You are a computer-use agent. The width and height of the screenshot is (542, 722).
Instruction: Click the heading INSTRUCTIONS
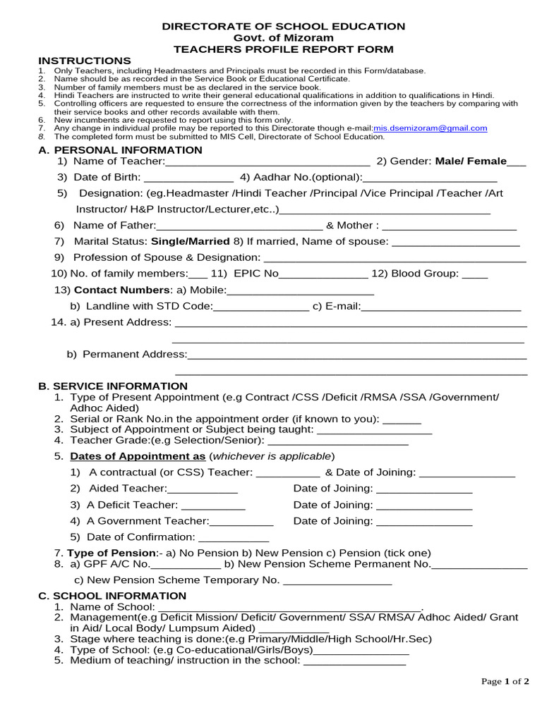(84, 61)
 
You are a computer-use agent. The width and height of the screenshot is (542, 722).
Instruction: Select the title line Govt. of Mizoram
(284, 37)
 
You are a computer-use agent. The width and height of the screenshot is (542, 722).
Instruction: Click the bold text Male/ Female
(471, 161)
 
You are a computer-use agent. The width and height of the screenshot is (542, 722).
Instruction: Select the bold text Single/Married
(191, 241)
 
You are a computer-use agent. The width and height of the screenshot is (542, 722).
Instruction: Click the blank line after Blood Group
(474, 274)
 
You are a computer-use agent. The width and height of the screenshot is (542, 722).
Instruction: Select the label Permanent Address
(134, 354)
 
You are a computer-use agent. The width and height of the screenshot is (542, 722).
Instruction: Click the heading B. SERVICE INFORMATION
(113, 386)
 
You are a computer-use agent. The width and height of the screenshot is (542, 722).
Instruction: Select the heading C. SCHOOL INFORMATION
(112, 596)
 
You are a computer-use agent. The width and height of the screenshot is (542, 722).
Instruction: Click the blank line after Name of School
(290, 608)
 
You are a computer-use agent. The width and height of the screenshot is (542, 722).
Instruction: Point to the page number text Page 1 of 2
(505, 681)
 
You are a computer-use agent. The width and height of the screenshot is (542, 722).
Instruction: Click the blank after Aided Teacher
(203, 489)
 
